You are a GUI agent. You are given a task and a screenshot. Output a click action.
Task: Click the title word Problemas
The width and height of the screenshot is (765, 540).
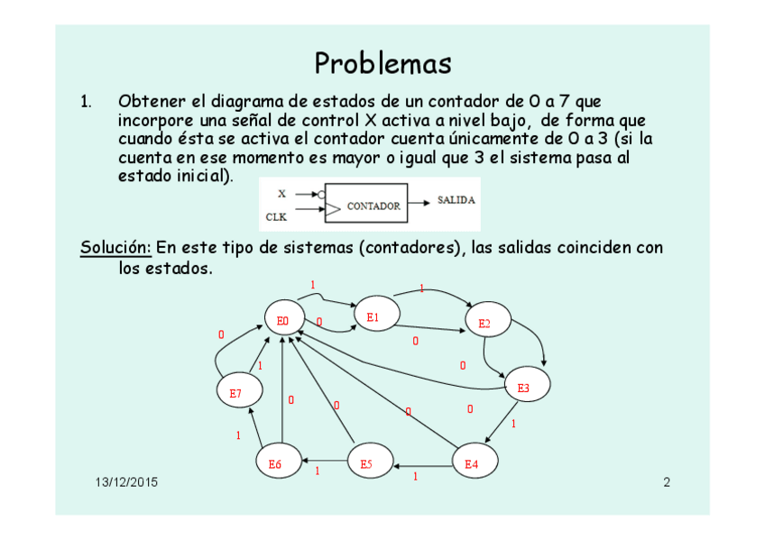pos(382,64)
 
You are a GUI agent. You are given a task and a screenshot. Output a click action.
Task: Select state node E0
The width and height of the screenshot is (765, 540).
pos(283,320)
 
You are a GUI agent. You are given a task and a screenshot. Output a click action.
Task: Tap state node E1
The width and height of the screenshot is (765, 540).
pos(373,316)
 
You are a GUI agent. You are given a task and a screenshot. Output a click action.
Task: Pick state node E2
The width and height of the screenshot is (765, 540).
pos(486,322)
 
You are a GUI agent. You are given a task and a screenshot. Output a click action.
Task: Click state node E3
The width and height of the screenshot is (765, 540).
pos(525,387)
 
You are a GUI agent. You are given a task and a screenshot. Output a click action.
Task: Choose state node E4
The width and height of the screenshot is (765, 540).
pos(473,463)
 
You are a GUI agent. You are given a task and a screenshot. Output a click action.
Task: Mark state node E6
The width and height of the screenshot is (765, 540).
pos(276,463)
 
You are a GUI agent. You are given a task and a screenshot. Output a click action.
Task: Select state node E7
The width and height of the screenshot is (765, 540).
pos(237,392)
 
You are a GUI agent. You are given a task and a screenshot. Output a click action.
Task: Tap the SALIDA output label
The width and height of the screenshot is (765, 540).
pos(456,200)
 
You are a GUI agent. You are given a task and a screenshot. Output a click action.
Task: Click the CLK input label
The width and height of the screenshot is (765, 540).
pos(276,216)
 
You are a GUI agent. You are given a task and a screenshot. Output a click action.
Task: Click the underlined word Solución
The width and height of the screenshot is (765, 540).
pos(115,247)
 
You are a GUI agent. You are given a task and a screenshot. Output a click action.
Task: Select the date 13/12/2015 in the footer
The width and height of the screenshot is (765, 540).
pos(126,482)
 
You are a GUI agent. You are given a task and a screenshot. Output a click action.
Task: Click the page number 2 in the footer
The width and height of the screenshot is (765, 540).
pos(667,482)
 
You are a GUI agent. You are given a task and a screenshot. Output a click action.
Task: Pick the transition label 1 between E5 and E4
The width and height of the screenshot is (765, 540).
pos(415,476)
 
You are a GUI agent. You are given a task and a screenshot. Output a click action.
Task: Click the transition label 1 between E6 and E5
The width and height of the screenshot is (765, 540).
pos(318,471)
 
